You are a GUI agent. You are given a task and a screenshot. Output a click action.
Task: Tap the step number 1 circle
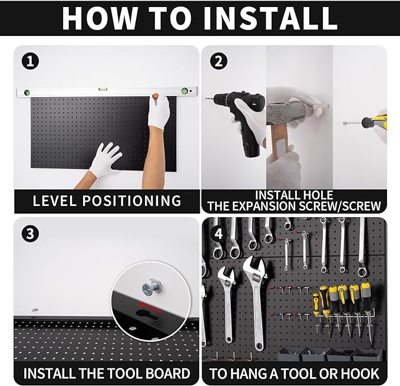pyautogui.click(x=27, y=61)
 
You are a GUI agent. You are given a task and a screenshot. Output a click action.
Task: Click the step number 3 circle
pyautogui.click(x=27, y=233)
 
